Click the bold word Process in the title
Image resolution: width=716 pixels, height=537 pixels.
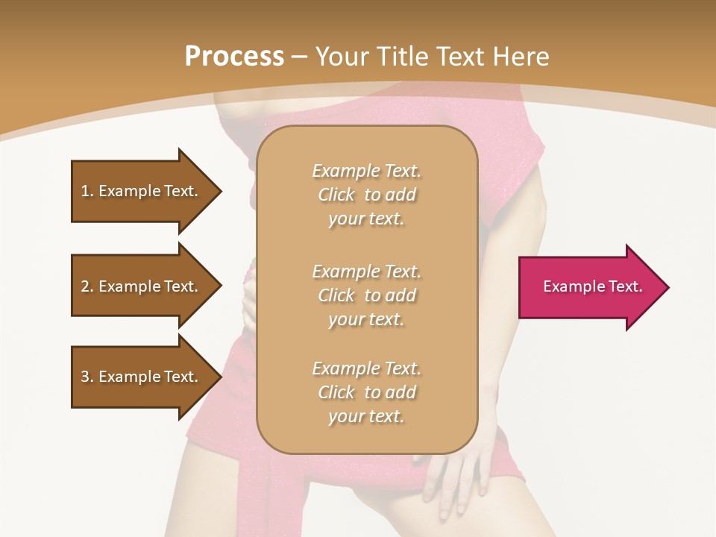[234, 57]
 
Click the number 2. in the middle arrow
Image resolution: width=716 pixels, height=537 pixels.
[87, 286]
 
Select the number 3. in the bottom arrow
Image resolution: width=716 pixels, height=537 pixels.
[87, 377]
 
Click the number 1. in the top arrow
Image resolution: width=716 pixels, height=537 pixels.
[87, 191]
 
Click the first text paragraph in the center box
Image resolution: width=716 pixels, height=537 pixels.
[366, 195]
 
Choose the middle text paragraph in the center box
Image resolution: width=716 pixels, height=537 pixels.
[366, 295]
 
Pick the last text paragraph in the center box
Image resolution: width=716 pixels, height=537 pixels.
[366, 392]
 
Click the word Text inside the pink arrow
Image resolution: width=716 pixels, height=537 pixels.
[625, 286]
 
